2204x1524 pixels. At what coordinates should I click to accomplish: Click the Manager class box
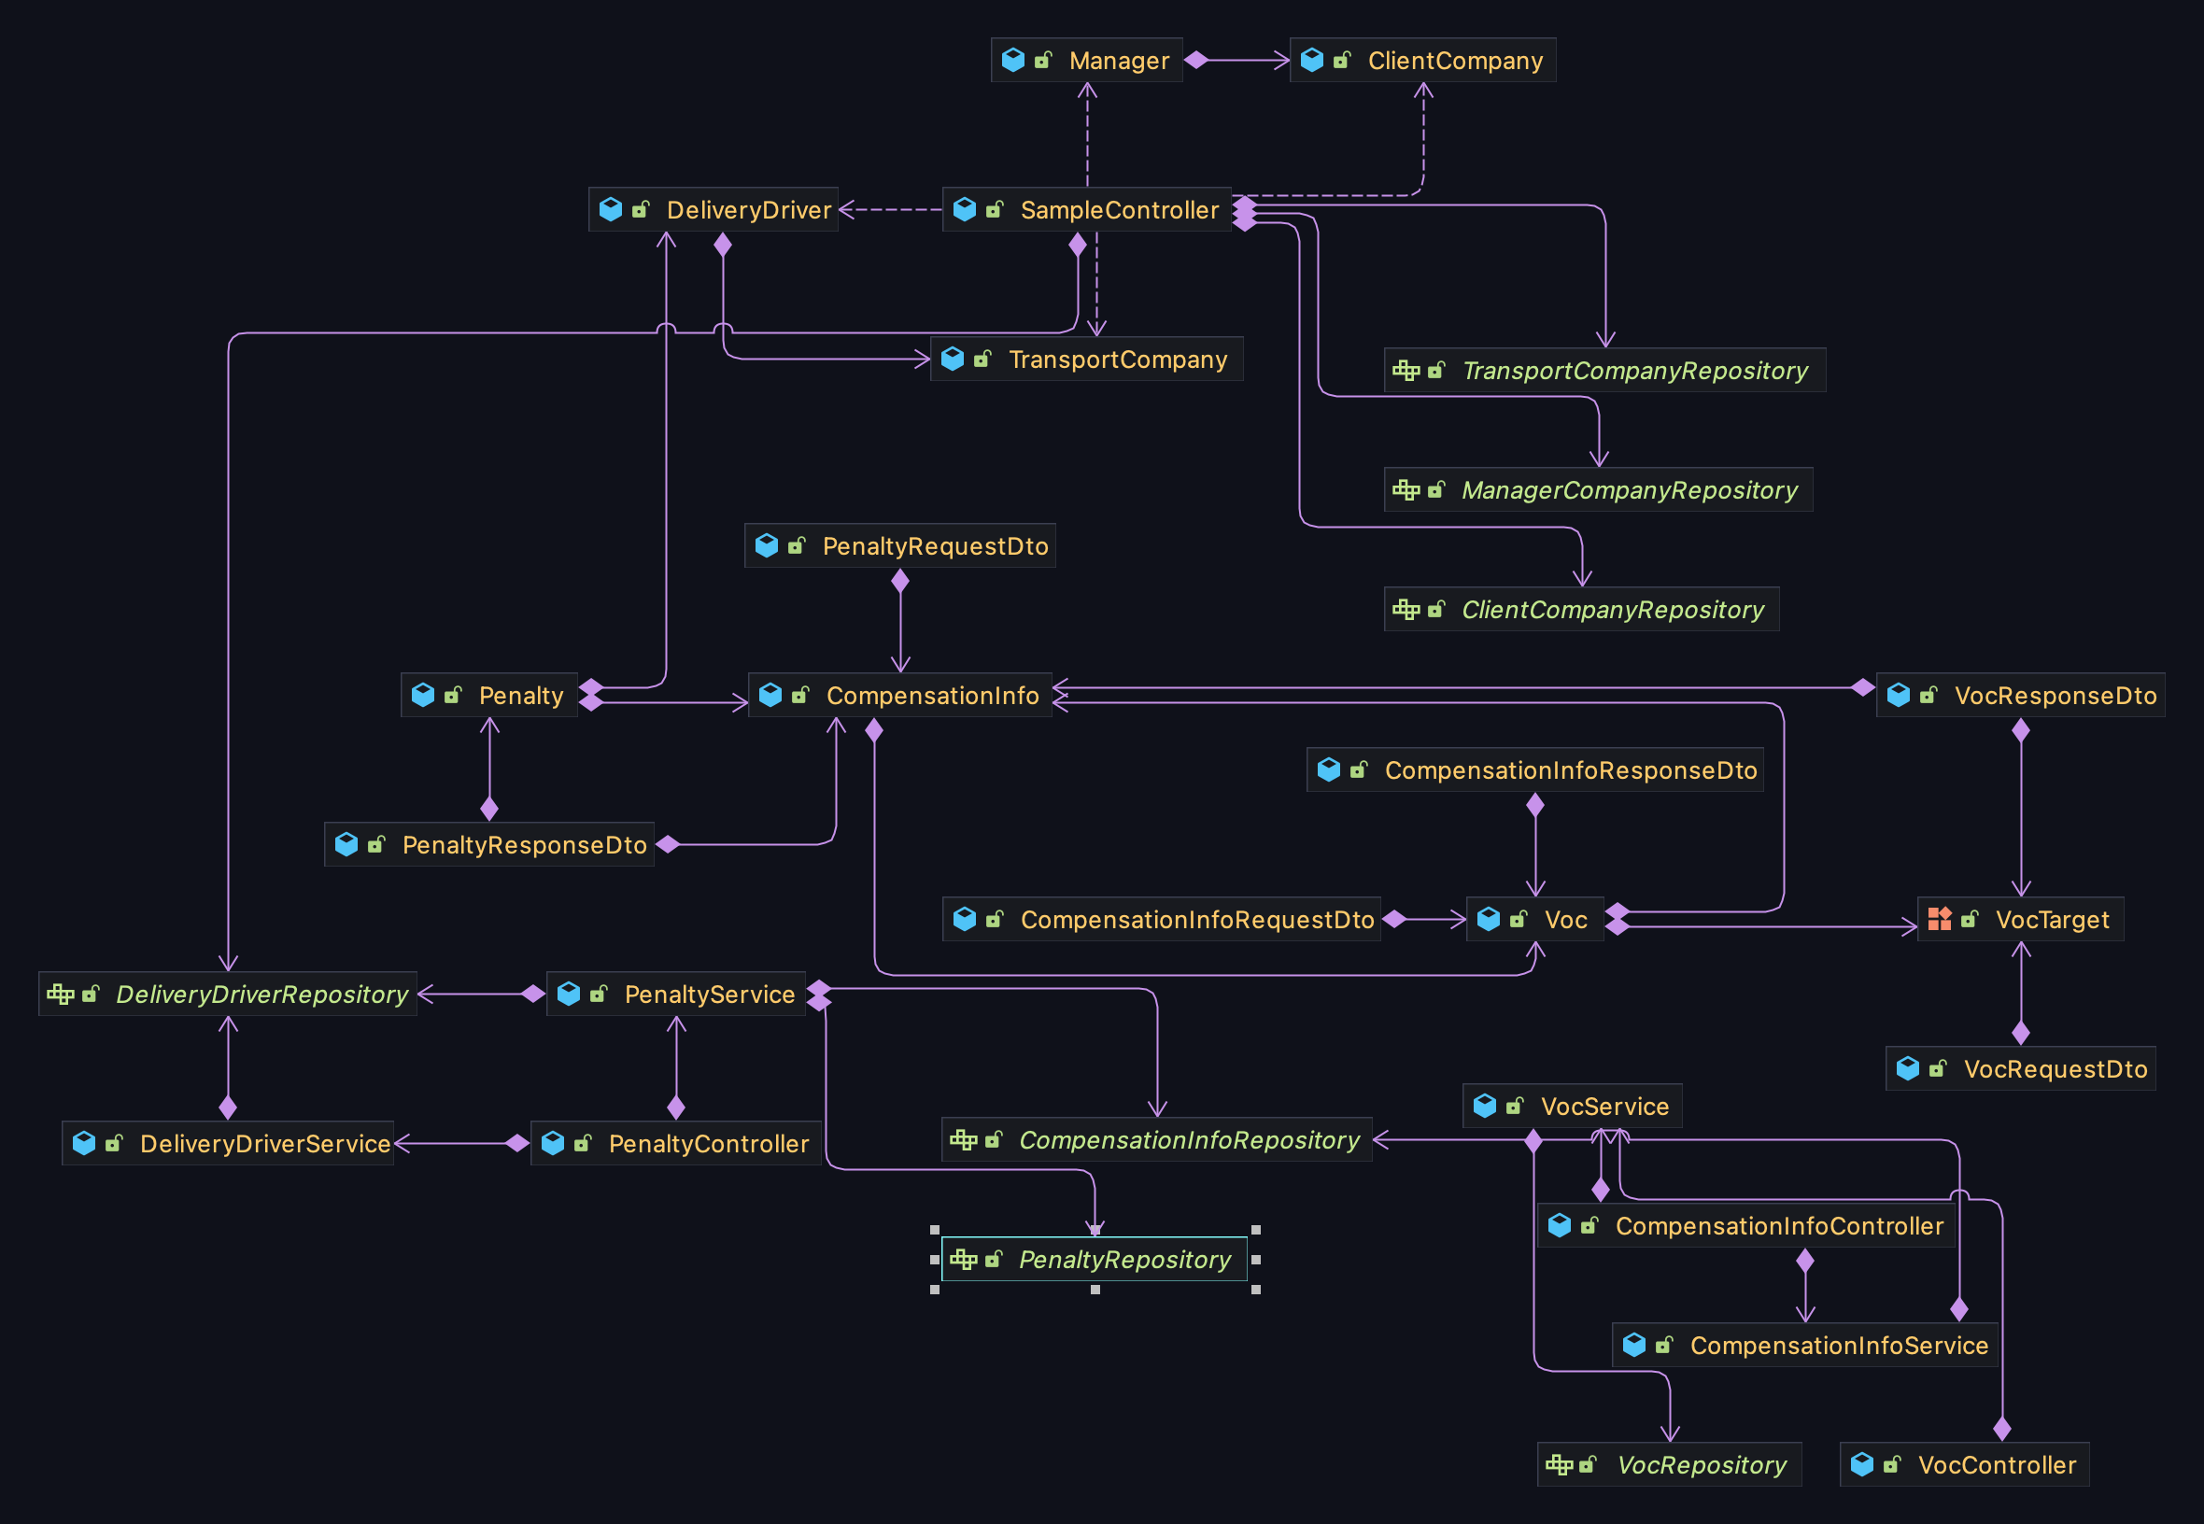[x=1087, y=60]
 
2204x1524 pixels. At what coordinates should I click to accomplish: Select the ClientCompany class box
[x=1422, y=60]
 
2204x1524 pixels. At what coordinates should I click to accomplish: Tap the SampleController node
[x=1087, y=209]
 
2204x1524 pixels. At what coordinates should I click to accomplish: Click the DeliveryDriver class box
[x=713, y=209]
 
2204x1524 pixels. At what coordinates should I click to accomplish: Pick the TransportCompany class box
[x=1087, y=359]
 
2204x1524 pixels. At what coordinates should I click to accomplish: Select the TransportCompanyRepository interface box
[x=1604, y=371]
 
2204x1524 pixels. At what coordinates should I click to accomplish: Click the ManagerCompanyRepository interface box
[x=1598, y=490]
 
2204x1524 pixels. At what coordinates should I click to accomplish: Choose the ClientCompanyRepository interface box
[x=1581, y=609]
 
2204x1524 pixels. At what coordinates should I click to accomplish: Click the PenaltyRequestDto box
[x=900, y=546]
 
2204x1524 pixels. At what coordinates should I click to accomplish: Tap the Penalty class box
[x=489, y=695]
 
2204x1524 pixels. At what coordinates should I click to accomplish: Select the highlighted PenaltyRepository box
[x=1095, y=1260]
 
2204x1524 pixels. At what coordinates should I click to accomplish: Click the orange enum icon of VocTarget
[x=1940, y=919]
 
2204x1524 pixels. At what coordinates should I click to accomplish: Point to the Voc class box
[x=1534, y=920]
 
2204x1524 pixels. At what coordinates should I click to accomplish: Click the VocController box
[x=1964, y=1465]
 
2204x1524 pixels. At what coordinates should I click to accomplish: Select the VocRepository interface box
[x=1669, y=1465]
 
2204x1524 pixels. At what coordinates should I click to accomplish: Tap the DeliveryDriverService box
[x=228, y=1143]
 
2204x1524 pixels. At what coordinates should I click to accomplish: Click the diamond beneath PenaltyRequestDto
[x=900, y=581]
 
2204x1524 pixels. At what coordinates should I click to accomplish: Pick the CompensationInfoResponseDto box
[x=1534, y=769]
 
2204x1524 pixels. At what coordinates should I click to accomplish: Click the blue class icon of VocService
[x=1485, y=1106]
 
